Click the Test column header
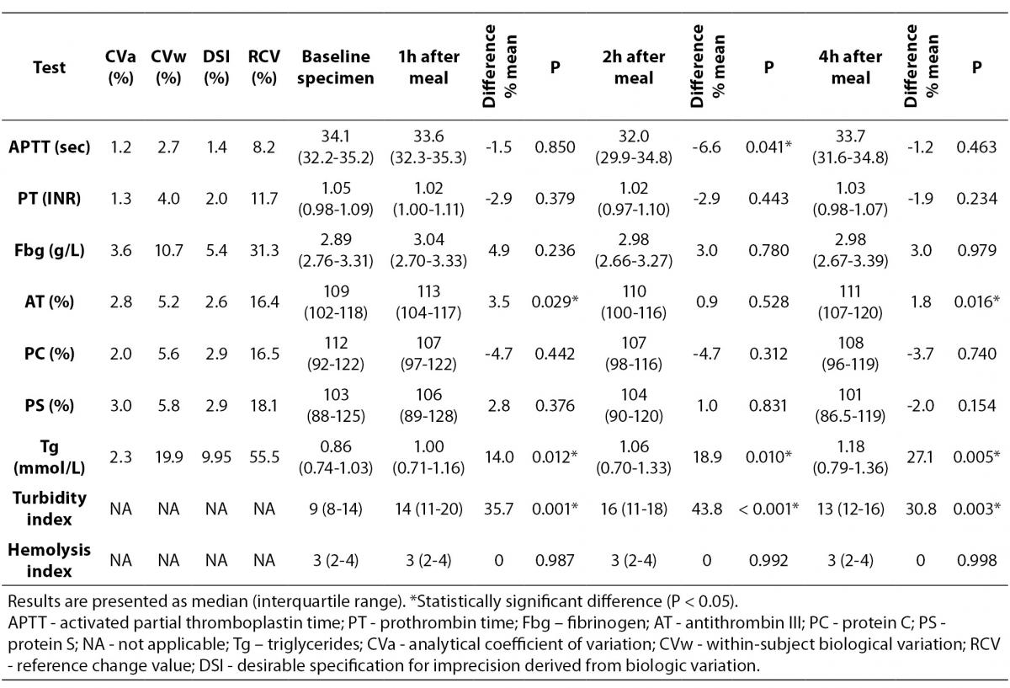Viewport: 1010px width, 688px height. pos(49,67)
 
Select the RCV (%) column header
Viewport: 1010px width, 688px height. pos(263,67)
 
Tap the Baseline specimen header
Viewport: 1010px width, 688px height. pos(336,67)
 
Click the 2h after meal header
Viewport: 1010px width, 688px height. pos(634,67)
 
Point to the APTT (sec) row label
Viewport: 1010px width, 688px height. pos(49,147)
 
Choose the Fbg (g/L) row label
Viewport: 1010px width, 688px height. pos(49,250)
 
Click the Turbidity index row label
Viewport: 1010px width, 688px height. pos(49,509)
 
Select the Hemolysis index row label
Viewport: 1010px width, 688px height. pos(49,560)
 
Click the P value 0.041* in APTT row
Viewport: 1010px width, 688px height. pos(768,147)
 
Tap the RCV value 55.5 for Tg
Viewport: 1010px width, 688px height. pos(264,457)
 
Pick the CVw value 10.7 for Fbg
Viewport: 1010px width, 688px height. pos(168,250)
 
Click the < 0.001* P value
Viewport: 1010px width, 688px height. pos(768,509)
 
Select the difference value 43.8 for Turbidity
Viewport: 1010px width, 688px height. pos(706,509)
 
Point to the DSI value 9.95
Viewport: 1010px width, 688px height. pos(216,457)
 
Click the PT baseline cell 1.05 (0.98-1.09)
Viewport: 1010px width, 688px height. pos(336,199)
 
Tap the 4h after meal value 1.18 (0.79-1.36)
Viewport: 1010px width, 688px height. pos(850,457)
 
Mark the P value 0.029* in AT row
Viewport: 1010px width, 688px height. pos(555,301)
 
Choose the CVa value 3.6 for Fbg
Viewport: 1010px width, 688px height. pos(121,250)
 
